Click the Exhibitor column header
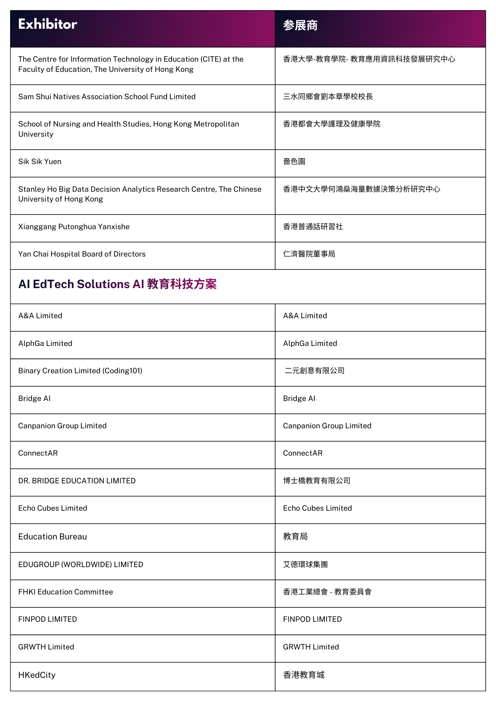coord(48,25)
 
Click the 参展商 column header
coord(300,26)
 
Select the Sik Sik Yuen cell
coord(40,162)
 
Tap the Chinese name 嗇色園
coord(294,162)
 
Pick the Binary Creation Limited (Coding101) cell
coord(80,371)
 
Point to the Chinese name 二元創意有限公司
coord(314,371)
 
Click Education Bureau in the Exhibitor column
coord(53,537)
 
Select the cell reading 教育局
coord(295,537)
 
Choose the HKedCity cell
coord(37,675)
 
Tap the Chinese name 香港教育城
coord(304,675)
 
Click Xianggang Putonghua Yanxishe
coord(74,227)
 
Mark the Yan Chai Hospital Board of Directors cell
coord(82,254)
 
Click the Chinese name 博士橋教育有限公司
coord(317,481)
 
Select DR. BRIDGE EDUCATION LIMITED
coord(77,481)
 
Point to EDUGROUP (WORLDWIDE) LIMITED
coord(81,565)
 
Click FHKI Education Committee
coord(66,592)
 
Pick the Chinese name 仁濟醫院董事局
coord(309,254)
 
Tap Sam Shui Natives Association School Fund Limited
coord(107,97)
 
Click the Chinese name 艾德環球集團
coord(306,565)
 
